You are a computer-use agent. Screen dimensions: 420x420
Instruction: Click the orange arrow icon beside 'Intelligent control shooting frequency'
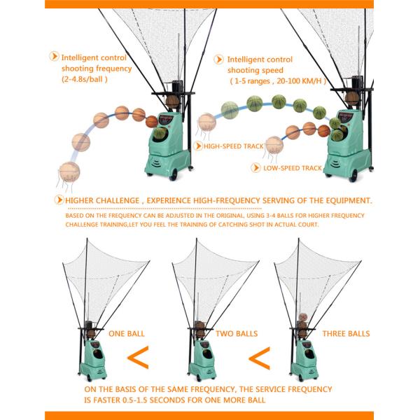pyautogui.click(x=53, y=56)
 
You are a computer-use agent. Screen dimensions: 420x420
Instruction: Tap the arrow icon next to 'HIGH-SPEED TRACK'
pyautogui.click(x=197, y=146)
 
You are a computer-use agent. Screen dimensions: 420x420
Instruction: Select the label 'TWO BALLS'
pyautogui.click(x=235, y=334)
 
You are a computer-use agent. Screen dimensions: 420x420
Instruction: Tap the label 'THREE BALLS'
pyautogui.click(x=346, y=334)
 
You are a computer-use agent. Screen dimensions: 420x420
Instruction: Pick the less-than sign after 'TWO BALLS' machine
pyautogui.click(x=258, y=358)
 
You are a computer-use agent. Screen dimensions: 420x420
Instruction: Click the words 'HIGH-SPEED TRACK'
pyautogui.click(x=229, y=146)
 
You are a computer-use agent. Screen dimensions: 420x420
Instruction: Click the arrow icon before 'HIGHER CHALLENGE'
pyautogui.click(x=59, y=200)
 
